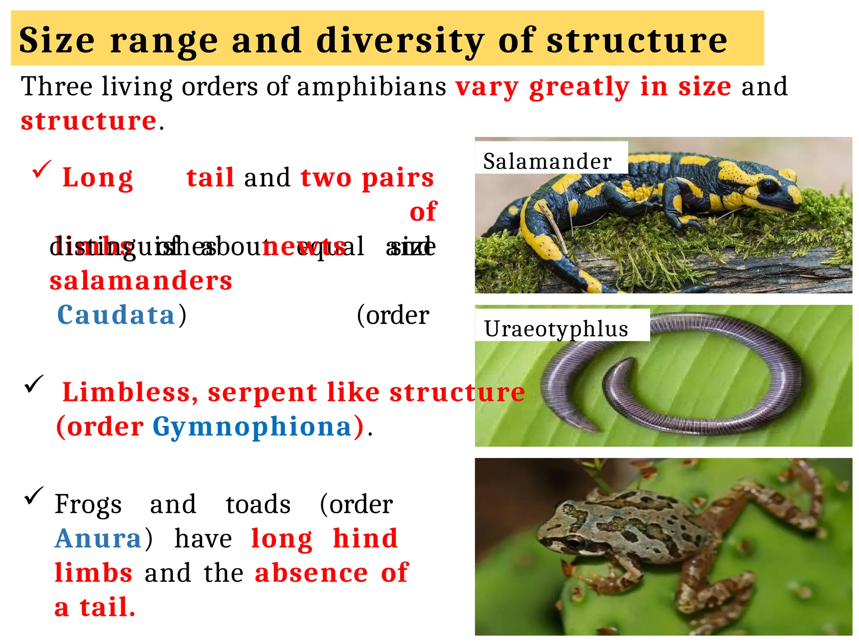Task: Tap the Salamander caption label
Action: [x=547, y=161]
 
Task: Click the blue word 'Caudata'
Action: [x=116, y=315]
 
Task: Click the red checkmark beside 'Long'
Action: [x=42, y=169]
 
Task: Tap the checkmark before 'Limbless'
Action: [x=34, y=384]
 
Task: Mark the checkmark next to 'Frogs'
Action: [x=34, y=496]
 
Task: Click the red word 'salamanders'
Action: [x=141, y=280]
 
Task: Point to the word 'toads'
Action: [x=258, y=504]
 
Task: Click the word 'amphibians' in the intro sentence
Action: [x=372, y=87]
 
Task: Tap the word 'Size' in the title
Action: [x=57, y=41]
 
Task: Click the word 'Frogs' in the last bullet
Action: [x=88, y=504]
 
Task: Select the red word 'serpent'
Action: [x=262, y=392]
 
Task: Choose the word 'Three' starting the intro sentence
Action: [x=57, y=87]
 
